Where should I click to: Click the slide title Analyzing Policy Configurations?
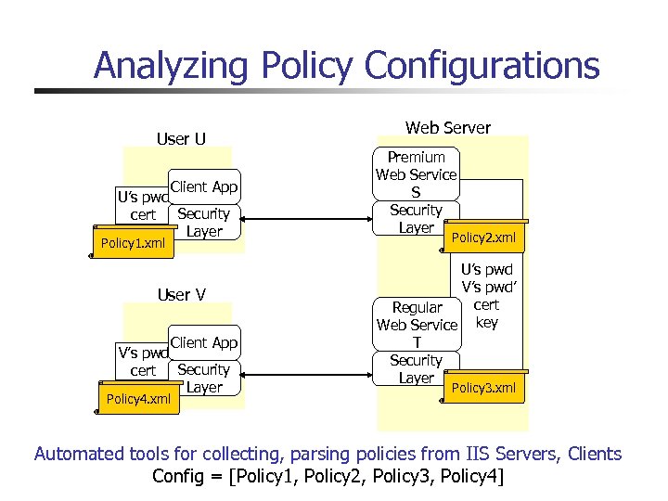346,66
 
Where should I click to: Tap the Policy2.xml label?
483,238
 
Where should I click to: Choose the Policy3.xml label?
483,388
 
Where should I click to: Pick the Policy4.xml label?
137,398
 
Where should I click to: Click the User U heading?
181,139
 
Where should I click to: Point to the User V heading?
181,295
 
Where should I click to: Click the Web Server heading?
447,127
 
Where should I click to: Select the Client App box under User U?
203,187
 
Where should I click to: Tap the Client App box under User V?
203,342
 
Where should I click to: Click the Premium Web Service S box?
416,174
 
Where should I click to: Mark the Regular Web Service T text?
417,325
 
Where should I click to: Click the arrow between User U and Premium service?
306,220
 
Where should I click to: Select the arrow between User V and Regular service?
306,373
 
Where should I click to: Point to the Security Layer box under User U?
203,223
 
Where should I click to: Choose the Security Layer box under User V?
203,378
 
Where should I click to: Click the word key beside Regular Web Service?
486,323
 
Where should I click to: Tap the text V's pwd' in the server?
486,288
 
